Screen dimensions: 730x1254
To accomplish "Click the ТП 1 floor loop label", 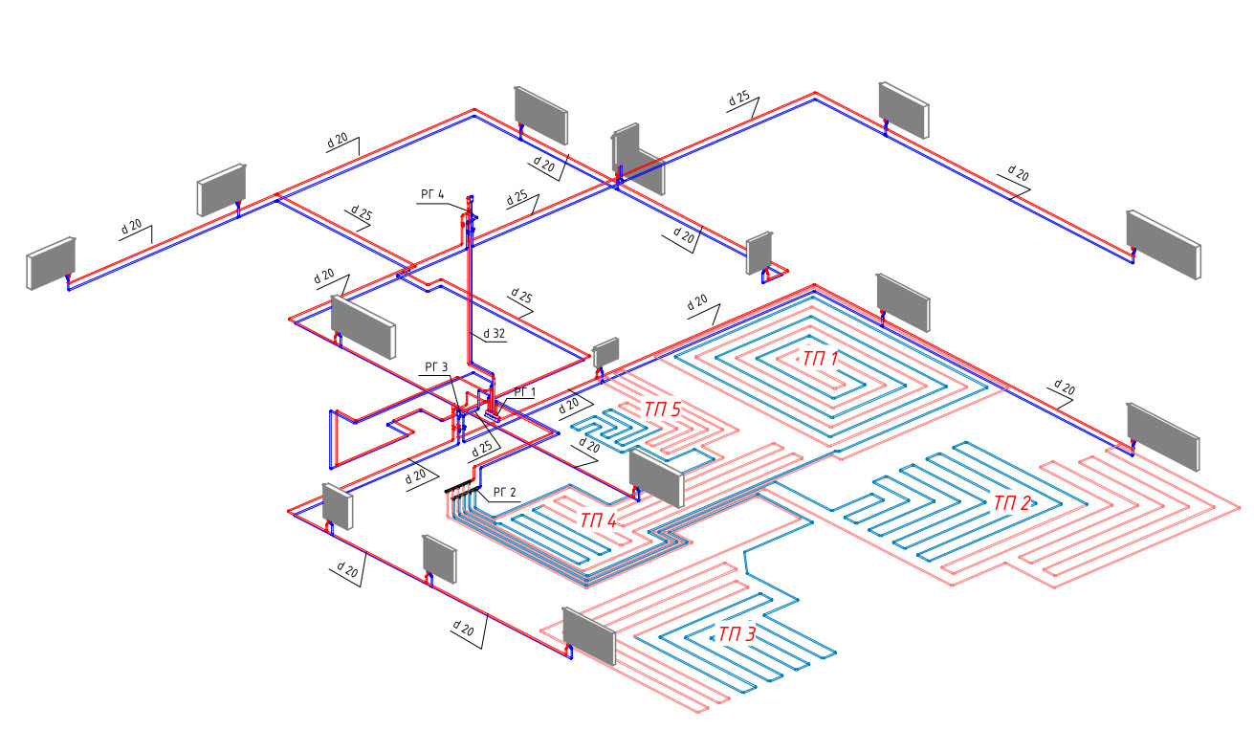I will point(820,360).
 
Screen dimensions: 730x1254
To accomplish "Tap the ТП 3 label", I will point(737,633).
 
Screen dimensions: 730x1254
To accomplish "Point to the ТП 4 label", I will point(599,520).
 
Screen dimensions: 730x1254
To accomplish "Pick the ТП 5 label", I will point(662,409).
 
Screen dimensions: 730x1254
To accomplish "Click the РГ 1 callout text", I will point(525,392).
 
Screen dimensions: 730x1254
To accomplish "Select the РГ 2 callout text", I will point(504,493).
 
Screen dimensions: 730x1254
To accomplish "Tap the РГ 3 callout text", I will point(435,366).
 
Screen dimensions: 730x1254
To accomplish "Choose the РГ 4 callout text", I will point(432,195).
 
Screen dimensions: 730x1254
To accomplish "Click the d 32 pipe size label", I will point(494,334).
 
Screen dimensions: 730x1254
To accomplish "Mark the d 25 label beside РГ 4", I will point(517,199).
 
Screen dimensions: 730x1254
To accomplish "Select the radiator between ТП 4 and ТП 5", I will point(656,476).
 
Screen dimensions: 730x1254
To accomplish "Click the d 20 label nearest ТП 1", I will point(697,302).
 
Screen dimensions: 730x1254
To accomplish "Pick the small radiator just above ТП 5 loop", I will point(606,352).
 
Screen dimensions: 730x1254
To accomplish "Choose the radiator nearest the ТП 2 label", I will point(1162,434).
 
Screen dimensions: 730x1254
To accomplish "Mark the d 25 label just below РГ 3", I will point(484,447).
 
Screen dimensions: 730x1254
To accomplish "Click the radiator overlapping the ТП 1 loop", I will point(902,302).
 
